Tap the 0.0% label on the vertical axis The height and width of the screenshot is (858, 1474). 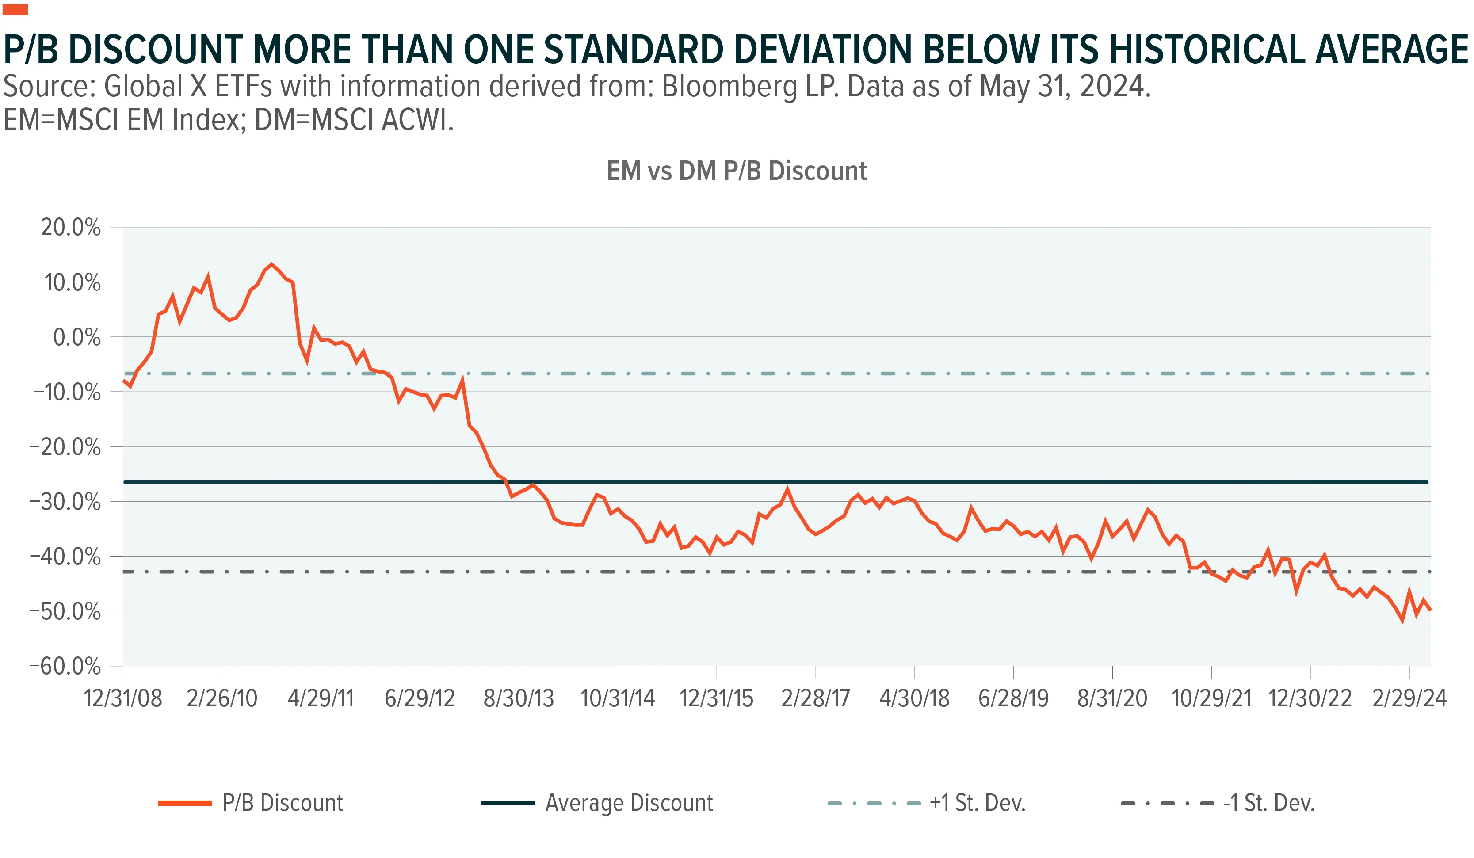click(76, 337)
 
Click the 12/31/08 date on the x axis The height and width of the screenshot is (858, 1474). click(123, 698)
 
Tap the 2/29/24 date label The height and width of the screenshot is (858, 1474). click(1409, 698)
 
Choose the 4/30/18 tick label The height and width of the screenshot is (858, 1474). click(914, 698)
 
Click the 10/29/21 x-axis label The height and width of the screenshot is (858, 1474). click(1211, 698)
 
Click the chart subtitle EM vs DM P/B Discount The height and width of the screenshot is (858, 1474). click(737, 171)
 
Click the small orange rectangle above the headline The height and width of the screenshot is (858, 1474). click(15, 9)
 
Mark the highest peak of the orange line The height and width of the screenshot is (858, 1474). click(271, 264)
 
